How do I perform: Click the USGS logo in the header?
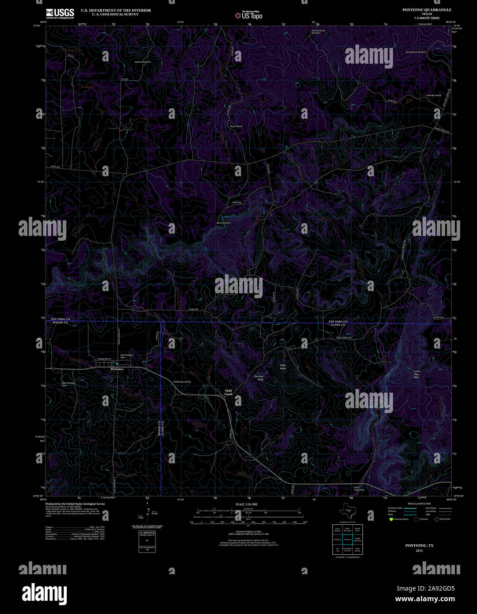[60, 13]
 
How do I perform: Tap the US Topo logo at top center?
[249, 15]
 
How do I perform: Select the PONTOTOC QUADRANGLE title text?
[427, 9]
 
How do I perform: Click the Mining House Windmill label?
[318, 32]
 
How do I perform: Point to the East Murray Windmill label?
[416, 52]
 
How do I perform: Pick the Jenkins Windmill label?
[142, 62]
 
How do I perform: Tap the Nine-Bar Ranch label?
[434, 95]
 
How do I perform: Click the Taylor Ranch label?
[236, 127]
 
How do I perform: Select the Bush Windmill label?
[224, 223]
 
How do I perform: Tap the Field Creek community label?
[229, 392]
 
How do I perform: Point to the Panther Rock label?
[259, 378]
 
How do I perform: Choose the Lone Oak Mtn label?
[416, 374]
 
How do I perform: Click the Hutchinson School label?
[182, 382]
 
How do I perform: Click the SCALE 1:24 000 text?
[246, 504]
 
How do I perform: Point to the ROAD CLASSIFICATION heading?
[419, 504]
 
